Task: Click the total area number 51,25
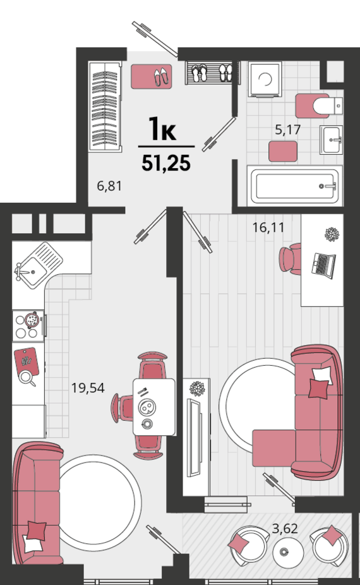point(166,163)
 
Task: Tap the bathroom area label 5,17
point(287,130)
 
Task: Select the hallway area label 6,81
point(109,186)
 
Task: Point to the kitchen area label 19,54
point(88,388)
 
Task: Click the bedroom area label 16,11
point(268,227)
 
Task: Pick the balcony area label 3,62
point(285,529)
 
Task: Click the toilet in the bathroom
point(320,106)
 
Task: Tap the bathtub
point(295,186)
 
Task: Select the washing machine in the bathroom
point(265,80)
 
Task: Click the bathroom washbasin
point(331,140)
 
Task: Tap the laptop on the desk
point(323,265)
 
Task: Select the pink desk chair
point(290,259)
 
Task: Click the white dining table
point(154,407)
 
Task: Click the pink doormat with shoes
point(152,76)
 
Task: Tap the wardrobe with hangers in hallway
point(105,106)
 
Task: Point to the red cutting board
point(27,362)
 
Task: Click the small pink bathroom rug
point(283,151)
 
